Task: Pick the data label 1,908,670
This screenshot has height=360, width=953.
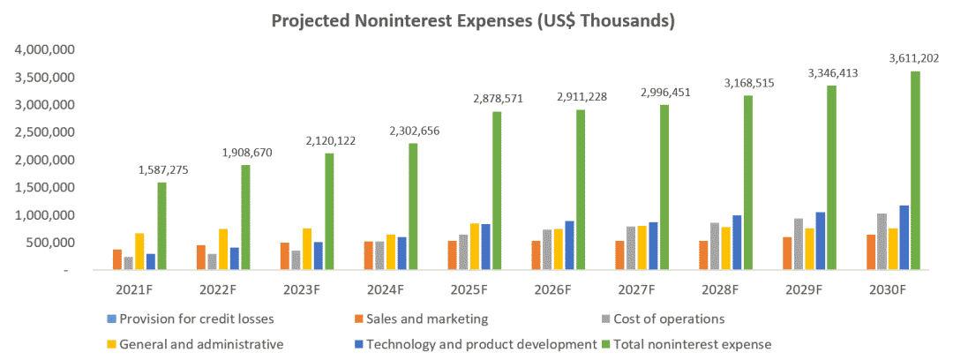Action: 239,152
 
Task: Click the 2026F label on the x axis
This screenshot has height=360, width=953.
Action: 554,289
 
